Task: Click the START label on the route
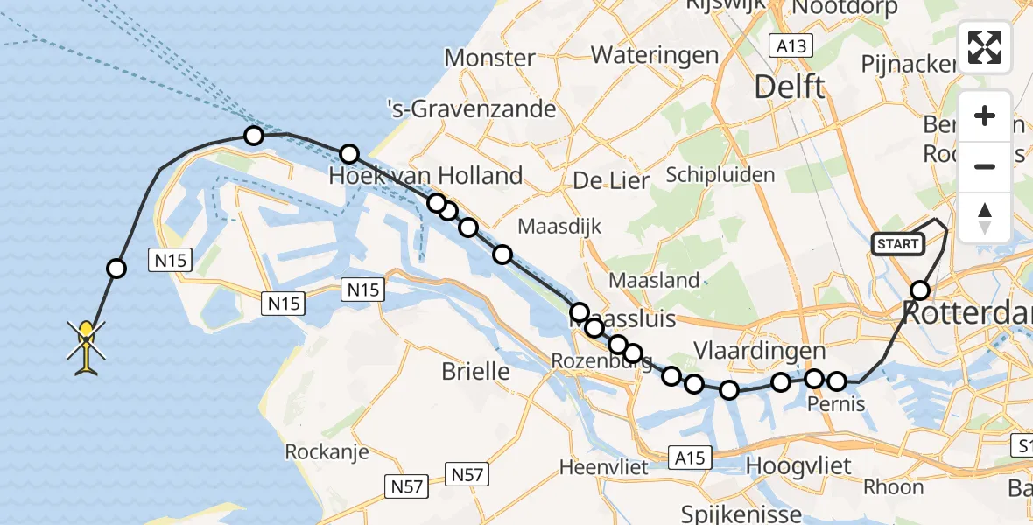coord(898,244)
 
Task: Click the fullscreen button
coord(985,47)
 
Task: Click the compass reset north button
coord(985,218)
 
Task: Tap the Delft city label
coord(790,87)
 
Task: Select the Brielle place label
coord(475,371)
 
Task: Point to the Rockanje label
coord(327,452)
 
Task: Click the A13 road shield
coord(791,45)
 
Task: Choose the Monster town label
coord(489,59)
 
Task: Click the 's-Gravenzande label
coord(472,108)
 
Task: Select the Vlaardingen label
coord(759,351)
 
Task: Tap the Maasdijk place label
coord(560,226)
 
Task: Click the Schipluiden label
coord(720,175)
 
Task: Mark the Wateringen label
coord(655,55)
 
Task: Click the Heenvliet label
coord(604,467)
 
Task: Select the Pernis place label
coord(836,403)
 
